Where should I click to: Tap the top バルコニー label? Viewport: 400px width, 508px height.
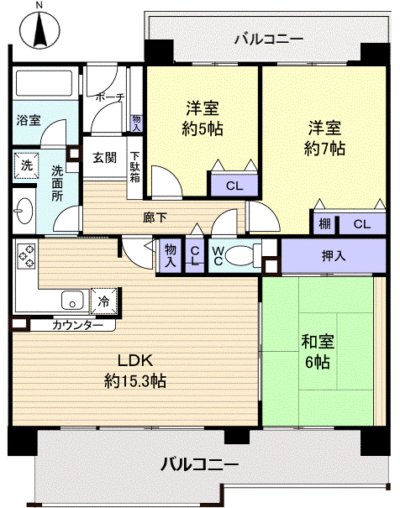point(268,38)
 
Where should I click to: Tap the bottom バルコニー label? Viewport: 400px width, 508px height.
point(200,463)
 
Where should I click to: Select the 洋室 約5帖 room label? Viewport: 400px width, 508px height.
point(203,118)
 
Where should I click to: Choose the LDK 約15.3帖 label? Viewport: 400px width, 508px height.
point(134,370)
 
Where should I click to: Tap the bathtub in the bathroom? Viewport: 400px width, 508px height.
point(45,85)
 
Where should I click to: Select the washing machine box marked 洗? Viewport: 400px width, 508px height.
point(27,165)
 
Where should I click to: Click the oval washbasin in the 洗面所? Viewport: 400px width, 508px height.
point(24,209)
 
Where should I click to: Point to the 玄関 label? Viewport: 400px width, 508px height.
point(104,157)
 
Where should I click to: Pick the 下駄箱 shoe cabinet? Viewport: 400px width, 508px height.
point(134,171)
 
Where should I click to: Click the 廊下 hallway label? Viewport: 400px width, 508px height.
point(155,218)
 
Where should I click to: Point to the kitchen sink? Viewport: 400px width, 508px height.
point(71,299)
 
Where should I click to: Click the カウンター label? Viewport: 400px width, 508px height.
point(78,325)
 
